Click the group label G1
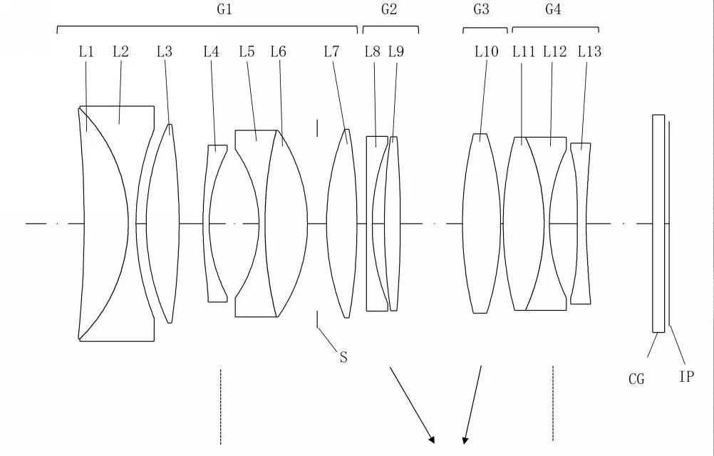click(x=224, y=9)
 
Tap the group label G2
click(x=389, y=9)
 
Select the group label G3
click(x=481, y=9)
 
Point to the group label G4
click(x=553, y=9)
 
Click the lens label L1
click(x=86, y=51)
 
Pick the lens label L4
click(x=211, y=51)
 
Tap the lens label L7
click(x=331, y=51)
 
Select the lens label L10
click(x=487, y=51)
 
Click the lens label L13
click(x=590, y=51)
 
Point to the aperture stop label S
click(x=343, y=357)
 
